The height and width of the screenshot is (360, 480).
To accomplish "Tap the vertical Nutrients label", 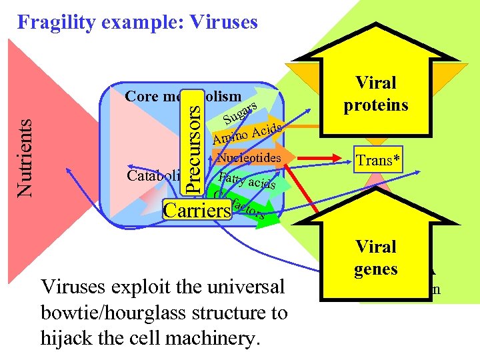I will [x=25, y=158].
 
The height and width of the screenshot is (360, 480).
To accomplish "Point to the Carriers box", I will [x=197, y=210].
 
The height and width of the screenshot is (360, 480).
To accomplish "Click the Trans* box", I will [x=377, y=161].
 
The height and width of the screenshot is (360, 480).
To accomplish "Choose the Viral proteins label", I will [x=376, y=94].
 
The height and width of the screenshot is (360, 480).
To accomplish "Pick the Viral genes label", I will [x=376, y=258].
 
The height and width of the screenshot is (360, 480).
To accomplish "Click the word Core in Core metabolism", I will [x=141, y=96].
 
